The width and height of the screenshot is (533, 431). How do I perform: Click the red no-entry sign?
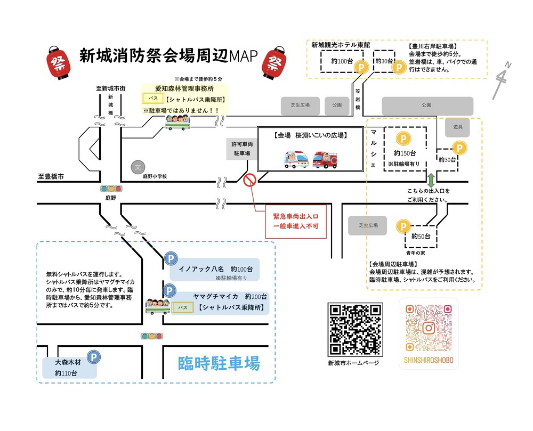[250, 180]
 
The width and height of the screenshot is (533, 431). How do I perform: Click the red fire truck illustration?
[325, 159]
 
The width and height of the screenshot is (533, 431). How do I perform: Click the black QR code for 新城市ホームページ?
[355, 330]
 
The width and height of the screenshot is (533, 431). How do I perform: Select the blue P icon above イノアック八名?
[170, 259]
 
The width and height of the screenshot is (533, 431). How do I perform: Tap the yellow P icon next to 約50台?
[402, 227]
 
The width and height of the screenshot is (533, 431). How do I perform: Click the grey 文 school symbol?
[138, 167]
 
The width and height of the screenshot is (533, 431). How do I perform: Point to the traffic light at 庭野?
[111, 189]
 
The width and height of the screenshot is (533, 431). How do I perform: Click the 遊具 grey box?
[458, 127]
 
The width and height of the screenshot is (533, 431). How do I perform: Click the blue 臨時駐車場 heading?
[219, 364]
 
